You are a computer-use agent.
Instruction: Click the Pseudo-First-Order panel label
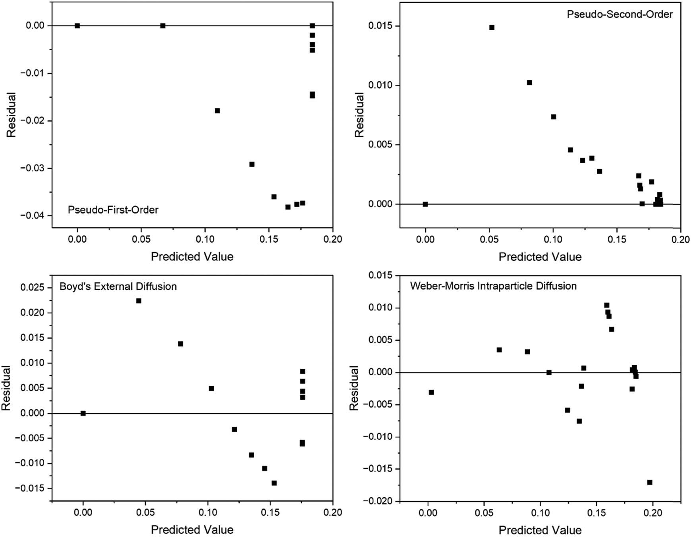tap(113, 210)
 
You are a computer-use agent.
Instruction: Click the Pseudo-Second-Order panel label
tap(620, 14)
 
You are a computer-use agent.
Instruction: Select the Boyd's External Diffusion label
tap(118, 286)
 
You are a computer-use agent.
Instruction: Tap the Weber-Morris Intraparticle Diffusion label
tap(493, 286)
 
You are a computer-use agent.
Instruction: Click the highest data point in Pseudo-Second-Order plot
tap(492, 27)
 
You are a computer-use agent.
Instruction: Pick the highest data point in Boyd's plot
tap(139, 301)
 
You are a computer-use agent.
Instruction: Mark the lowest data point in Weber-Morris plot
tap(650, 482)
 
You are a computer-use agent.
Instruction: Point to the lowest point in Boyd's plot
tap(274, 483)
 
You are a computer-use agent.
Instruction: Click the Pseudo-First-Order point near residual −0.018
tap(217, 111)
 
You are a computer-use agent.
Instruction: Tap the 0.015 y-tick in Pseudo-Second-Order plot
tap(380, 26)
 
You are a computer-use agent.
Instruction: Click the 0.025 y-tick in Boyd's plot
tap(33, 287)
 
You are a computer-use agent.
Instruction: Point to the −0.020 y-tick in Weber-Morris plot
tap(376, 501)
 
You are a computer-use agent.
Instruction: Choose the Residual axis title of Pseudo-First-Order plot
tap(12, 115)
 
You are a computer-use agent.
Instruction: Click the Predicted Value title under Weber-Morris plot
tap(540, 530)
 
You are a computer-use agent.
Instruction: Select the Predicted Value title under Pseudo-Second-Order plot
tap(540, 257)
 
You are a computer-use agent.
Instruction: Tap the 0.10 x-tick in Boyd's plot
tap(208, 512)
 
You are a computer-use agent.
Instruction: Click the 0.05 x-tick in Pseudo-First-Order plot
tap(141, 239)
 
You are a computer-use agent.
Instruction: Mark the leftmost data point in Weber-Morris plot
tap(431, 392)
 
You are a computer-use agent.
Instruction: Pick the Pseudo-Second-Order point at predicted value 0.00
tap(425, 204)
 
